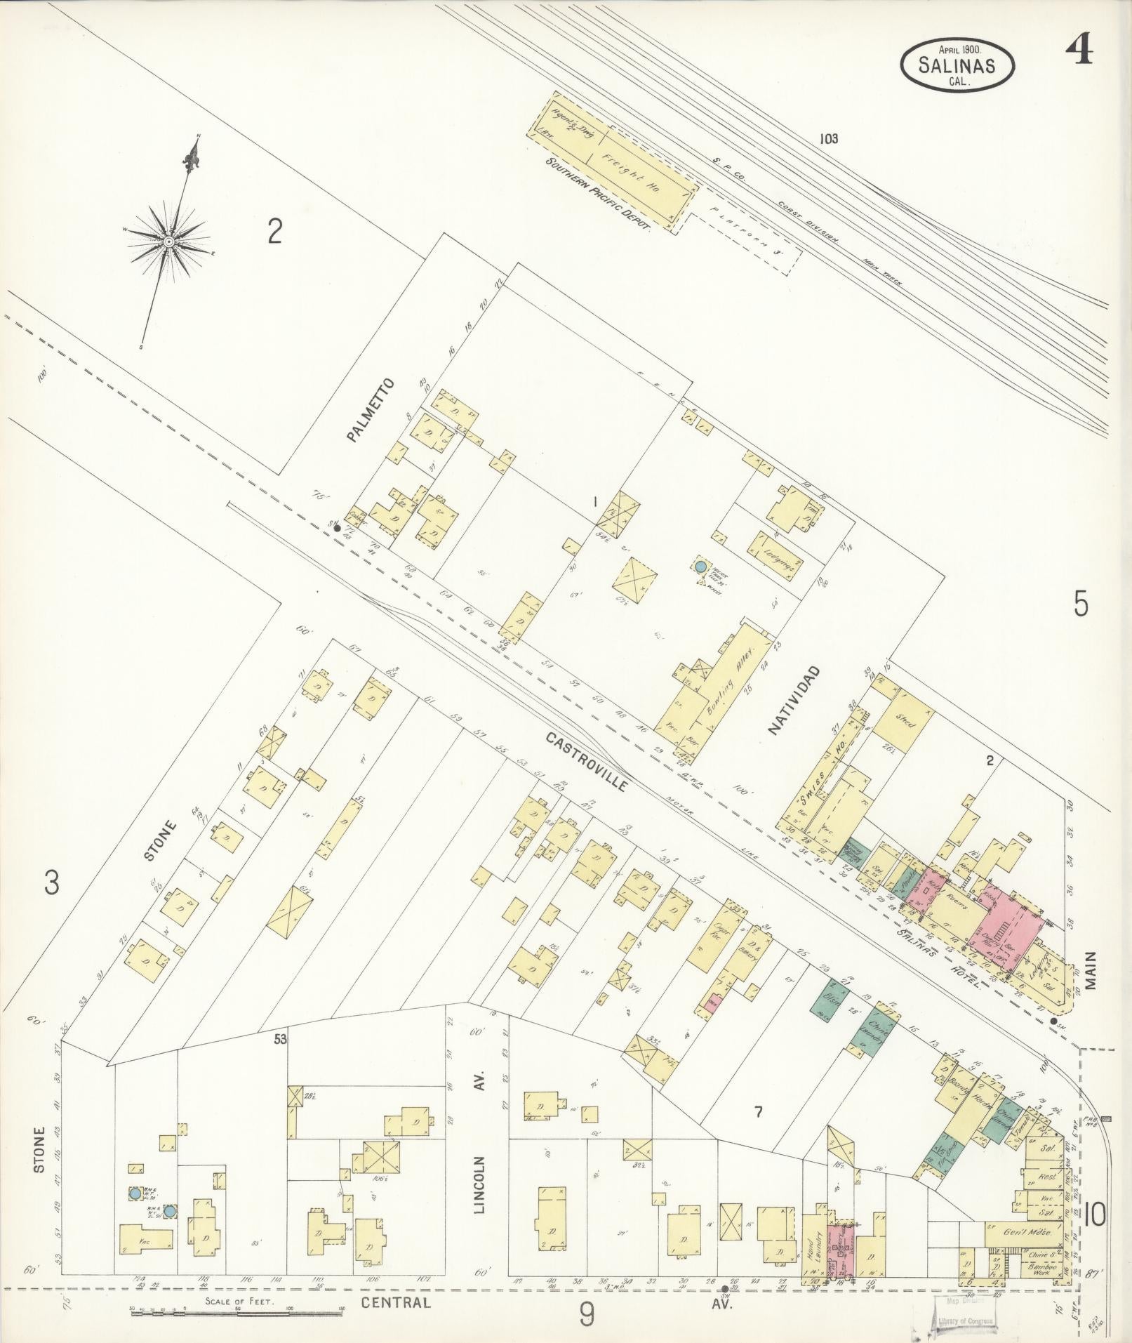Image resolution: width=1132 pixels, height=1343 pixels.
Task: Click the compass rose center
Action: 169,241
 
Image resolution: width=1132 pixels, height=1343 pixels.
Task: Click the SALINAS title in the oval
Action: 957,65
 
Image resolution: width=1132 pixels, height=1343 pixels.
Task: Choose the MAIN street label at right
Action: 1090,970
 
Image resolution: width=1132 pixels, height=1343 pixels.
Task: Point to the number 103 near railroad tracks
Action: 828,139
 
